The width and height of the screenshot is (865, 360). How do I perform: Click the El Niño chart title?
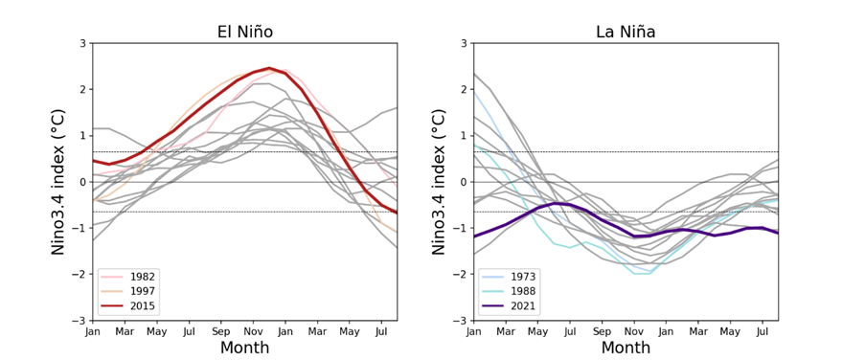pyautogui.click(x=244, y=32)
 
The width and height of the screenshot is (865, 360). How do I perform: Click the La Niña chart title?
pyautogui.click(x=626, y=32)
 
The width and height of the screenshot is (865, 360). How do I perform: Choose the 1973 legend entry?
pyautogui.click(x=522, y=277)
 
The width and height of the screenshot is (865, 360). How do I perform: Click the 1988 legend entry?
pyautogui.click(x=522, y=291)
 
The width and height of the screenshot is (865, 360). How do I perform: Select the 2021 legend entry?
pyautogui.click(x=522, y=306)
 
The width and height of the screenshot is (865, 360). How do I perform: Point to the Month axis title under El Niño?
pyautogui.click(x=244, y=348)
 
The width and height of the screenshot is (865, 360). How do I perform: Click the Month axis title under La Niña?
pyautogui.click(x=626, y=348)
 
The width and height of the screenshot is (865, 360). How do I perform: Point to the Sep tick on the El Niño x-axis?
pyautogui.click(x=221, y=331)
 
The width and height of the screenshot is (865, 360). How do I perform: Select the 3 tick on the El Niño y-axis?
pyautogui.click(x=82, y=44)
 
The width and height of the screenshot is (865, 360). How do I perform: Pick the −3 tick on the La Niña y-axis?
pyautogui.click(x=461, y=321)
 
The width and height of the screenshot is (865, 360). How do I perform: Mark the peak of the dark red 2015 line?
pyautogui.click(x=269, y=68)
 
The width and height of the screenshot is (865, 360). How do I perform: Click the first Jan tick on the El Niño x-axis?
pyautogui.click(x=93, y=331)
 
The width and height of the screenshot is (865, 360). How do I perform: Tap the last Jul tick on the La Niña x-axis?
pyautogui.click(x=763, y=331)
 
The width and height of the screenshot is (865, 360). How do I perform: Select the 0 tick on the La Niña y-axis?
pyautogui.click(x=464, y=182)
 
